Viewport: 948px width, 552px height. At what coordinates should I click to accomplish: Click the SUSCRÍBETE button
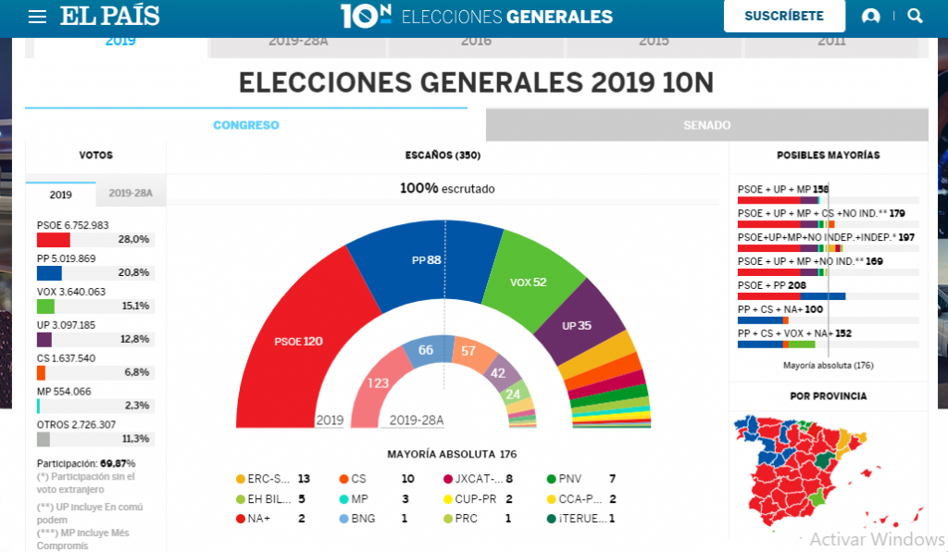click(x=783, y=17)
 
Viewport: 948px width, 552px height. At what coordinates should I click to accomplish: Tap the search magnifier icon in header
click(x=915, y=17)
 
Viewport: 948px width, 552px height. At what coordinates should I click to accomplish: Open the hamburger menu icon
click(x=37, y=17)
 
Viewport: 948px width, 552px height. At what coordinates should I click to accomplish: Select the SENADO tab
click(x=706, y=125)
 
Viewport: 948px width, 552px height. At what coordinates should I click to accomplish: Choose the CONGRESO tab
click(x=245, y=125)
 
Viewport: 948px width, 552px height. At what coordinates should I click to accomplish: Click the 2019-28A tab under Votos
click(x=131, y=194)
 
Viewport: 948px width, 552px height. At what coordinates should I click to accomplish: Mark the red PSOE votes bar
click(x=53, y=240)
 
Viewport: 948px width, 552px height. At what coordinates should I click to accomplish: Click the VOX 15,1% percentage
click(x=134, y=306)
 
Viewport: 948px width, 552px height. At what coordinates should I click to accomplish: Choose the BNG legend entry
click(x=363, y=519)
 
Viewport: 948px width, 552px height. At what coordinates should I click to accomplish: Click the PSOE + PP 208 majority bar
click(x=792, y=296)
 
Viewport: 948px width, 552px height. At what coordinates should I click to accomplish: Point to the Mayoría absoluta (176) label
click(x=828, y=365)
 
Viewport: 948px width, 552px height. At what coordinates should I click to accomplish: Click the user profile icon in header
click(x=870, y=17)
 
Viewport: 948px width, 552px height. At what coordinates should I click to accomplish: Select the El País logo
click(x=110, y=17)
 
